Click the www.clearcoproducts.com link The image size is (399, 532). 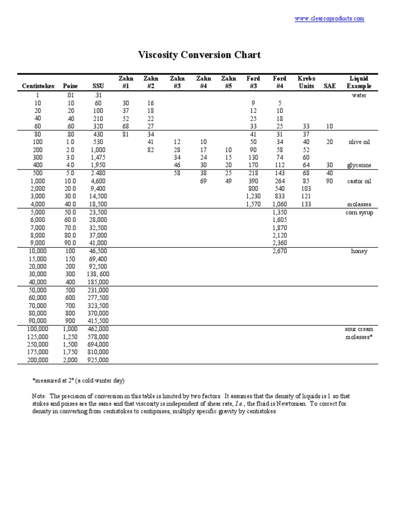pyautogui.click(x=329, y=19)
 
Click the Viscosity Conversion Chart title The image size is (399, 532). pyautogui.click(x=199, y=55)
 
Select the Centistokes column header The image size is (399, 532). pyautogui.click(x=38, y=86)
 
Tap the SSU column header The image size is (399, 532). pyautogui.click(x=98, y=86)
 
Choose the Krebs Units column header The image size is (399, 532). pyautogui.click(x=306, y=82)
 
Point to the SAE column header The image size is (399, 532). pyautogui.click(x=329, y=86)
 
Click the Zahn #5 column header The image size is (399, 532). pyautogui.click(x=229, y=82)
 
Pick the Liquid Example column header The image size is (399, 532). pyautogui.click(x=359, y=82)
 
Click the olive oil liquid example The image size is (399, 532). pyautogui.click(x=359, y=142)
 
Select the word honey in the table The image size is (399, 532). pyautogui.click(x=359, y=251)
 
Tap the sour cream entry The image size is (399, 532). pyautogui.click(x=359, y=329)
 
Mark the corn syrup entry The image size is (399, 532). pyautogui.click(x=359, y=212)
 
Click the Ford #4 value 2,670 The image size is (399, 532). pyautogui.click(x=280, y=251)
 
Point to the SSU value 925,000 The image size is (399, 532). pyautogui.click(x=98, y=360)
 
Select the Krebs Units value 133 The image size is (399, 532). pyautogui.click(x=306, y=204)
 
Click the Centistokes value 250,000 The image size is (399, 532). pyautogui.click(x=38, y=344)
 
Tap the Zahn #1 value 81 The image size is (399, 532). pyautogui.click(x=125, y=134)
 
